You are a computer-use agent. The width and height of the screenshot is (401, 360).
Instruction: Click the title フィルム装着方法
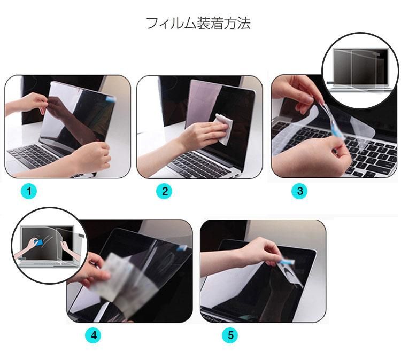[198, 24]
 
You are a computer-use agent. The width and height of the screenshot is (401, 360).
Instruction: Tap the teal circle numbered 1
[29, 191]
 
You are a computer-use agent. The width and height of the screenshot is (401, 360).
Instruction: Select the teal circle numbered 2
[165, 191]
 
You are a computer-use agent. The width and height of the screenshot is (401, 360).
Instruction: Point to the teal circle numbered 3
[300, 191]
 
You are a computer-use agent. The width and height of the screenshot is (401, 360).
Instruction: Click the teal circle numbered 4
[94, 335]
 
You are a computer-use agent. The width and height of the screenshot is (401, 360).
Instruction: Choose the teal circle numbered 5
[230, 335]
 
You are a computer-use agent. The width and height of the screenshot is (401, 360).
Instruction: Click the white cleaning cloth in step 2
[224, 129]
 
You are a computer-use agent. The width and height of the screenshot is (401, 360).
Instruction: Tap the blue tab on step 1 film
[111, 99]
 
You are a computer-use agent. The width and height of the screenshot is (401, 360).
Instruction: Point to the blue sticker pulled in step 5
[286, 262]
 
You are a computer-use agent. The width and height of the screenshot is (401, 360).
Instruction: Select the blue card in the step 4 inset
[38, 242]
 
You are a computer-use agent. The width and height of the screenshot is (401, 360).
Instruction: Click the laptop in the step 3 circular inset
[360, 69]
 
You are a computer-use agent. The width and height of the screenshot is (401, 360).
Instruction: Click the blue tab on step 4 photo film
[183, 247]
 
